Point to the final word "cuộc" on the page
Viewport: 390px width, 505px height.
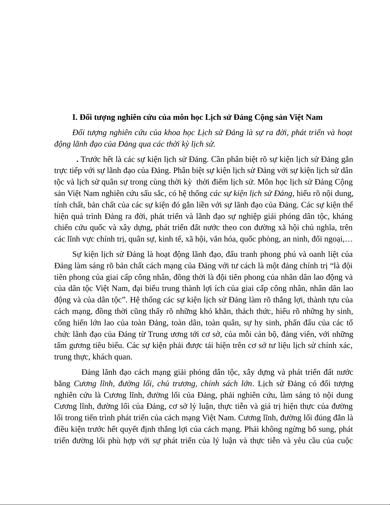343,441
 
